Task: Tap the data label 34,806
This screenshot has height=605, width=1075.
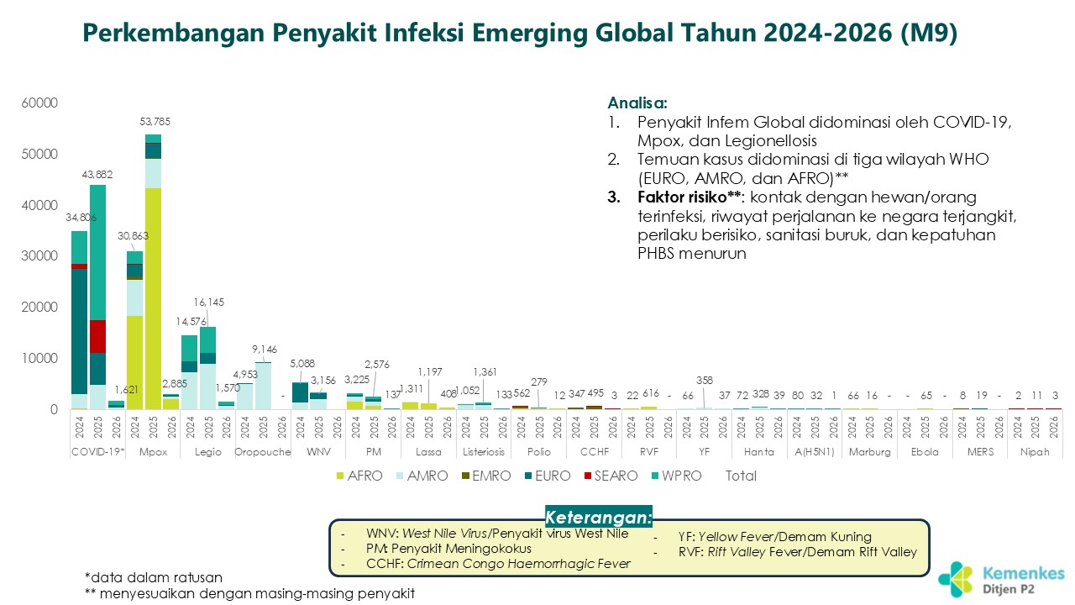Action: (81, 218)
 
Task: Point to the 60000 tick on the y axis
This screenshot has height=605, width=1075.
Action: (39, 103)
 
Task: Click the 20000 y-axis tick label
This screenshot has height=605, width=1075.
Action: (39, 308)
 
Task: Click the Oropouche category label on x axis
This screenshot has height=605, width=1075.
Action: (262, 452)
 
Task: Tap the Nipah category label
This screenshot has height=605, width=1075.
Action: (1035, 452)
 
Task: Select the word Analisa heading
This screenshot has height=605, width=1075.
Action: (637, 104)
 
